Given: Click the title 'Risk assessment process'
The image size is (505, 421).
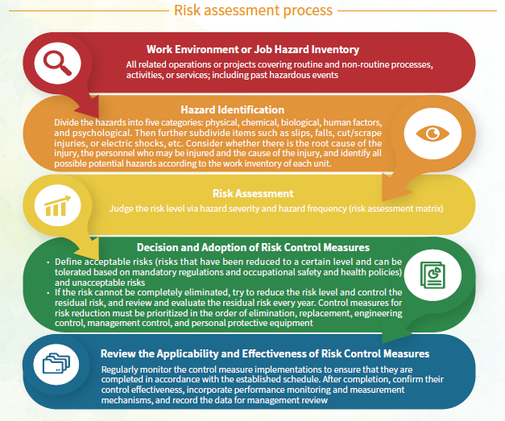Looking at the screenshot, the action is coord(253,10).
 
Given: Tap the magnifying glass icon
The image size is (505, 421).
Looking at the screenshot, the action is coord(57,64).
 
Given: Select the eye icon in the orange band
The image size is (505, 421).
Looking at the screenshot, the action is coord(433,134).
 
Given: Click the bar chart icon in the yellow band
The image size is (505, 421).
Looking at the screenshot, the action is coord(57,205).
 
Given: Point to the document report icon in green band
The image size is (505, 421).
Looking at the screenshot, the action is coord(433,275).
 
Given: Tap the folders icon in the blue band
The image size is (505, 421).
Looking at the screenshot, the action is coord(56,364).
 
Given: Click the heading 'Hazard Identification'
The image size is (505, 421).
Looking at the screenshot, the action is coord(232,109).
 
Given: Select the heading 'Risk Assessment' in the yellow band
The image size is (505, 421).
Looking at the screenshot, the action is coord(253,193).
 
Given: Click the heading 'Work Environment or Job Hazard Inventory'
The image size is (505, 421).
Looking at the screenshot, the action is coord(253,49).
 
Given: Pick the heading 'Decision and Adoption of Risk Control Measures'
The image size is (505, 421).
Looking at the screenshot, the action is coord(253,247).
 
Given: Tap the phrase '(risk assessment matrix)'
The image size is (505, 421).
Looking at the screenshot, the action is coord(395,208).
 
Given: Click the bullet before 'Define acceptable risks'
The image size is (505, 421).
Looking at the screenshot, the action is coord(48,262).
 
